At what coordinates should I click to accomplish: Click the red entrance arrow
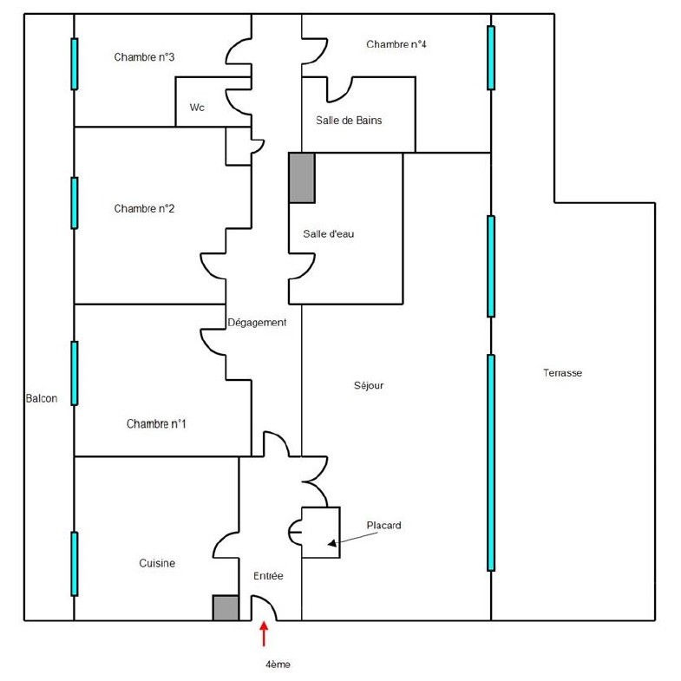(264, 634)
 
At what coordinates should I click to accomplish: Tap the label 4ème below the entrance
(278, 665)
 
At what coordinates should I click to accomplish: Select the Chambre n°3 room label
(144, 57)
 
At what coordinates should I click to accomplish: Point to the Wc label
(197, 108)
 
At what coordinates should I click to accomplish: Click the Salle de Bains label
(349, 121)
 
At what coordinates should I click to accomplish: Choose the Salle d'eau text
(328, 233)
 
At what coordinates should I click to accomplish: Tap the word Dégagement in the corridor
(257, 323)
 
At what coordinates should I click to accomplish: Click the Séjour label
(369, 385)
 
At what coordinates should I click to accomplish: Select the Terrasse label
(562, 373)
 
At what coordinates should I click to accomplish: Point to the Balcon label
(42, 398)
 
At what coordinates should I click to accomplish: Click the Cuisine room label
(157, 563)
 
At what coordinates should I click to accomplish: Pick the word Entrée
(268, 576)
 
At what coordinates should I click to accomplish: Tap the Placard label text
(384, 525)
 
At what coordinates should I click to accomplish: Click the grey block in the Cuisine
(226, 607)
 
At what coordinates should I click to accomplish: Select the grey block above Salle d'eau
(302, 178)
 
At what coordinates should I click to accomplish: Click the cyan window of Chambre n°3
(75, 64)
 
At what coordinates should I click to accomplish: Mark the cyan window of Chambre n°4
(491, 58)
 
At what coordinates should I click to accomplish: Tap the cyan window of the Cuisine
(75, 564)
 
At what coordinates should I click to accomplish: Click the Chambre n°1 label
(156, 424)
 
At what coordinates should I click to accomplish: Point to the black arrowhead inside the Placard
(332, 543)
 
